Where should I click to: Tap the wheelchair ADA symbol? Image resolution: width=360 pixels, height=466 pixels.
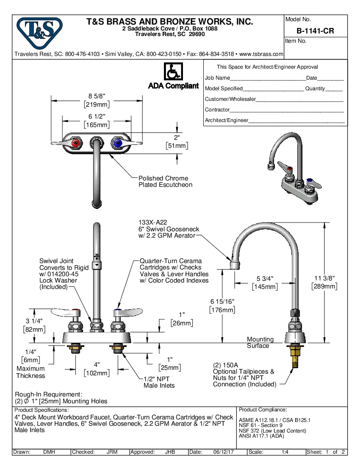coord(173,72)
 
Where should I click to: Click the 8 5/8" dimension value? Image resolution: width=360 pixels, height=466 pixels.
coord(97,96)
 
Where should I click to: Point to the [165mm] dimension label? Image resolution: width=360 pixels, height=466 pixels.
coord(97,125)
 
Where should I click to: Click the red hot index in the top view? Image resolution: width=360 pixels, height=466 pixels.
coord(77,144)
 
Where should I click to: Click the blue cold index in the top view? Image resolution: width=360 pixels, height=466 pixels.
coord(117,144)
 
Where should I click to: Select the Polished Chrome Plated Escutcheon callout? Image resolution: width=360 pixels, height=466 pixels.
coord(165,181)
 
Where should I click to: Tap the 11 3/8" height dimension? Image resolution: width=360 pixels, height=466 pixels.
coord(324,278)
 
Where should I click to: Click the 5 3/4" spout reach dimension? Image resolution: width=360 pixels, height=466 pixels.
coord(265,278)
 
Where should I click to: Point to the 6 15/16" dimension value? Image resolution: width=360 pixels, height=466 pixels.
coord(222,301)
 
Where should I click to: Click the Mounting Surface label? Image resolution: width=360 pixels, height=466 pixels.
coord(260,342)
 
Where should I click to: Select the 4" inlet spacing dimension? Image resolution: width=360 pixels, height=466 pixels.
coord(97,364)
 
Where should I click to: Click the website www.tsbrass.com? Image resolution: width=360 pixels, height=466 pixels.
coord(261,54)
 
